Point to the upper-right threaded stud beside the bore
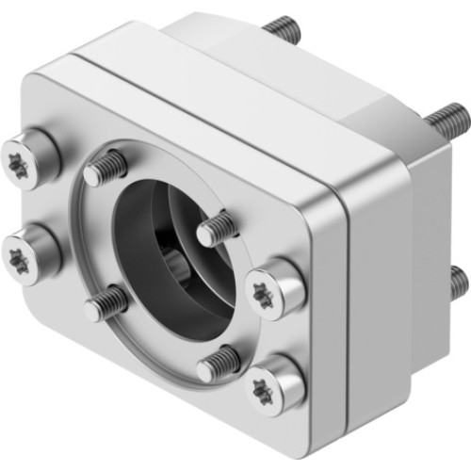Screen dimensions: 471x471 [216, 226]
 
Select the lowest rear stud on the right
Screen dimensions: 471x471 [457, 281]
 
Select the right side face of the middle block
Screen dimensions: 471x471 [377, 283]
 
